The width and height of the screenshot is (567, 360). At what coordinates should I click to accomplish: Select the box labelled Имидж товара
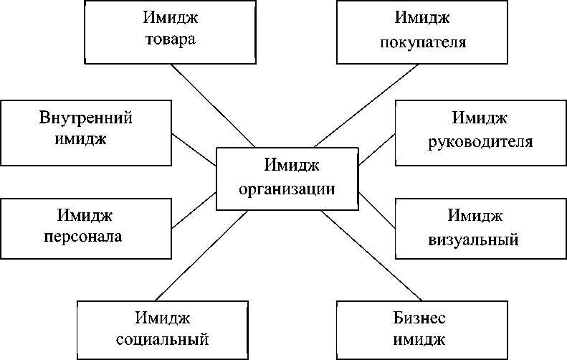pos(170,31)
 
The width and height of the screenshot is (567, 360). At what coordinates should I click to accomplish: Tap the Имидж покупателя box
pos(422,32)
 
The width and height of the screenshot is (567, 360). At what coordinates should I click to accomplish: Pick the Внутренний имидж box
pos(86,128)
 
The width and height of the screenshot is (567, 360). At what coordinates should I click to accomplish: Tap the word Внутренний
pos(86,118)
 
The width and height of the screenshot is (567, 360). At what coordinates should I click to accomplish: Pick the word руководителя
pos(480,141)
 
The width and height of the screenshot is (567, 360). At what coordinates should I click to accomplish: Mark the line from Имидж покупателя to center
pos(366,105)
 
